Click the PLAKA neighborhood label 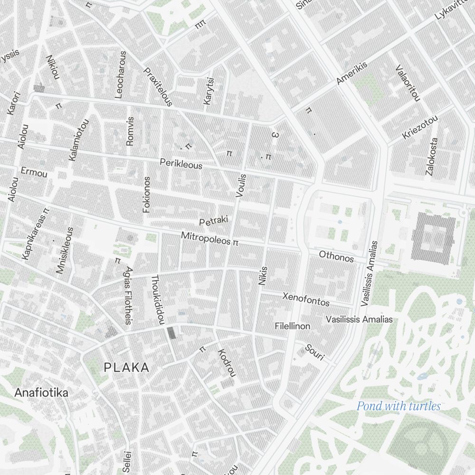pos(126,367)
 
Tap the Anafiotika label pos(41,393)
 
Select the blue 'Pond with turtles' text pos(399,406)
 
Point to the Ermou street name pos(34,172)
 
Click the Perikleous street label pos(181,164)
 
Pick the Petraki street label pos(214,221)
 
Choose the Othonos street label pos(336,256)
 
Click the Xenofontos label pos(306,299)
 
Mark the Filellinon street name pos(293,326)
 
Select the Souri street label pos(314,352)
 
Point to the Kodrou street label pos(227,363)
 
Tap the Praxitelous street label pos(158,86)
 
